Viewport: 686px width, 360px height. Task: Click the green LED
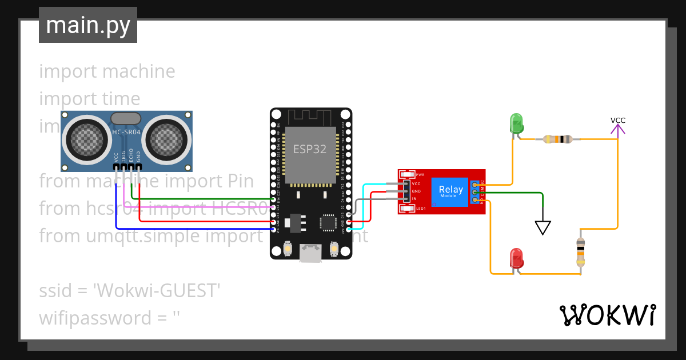click(516, 123)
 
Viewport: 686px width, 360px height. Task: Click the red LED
click(516, 258)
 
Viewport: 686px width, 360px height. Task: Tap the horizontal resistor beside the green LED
click(557, 139)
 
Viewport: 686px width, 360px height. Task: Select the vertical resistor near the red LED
click(581, 252)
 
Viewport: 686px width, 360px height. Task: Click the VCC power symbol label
click(618, 121)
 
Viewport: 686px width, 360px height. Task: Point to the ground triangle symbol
click(543, 227)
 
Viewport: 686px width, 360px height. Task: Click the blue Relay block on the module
click(450, 191)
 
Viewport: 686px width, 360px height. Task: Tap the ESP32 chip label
click(310, 149)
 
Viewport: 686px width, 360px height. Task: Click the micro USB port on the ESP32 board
click(310, 253)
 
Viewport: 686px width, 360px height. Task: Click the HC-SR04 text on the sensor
click(126, 133)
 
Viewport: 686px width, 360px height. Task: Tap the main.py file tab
click(88, 25)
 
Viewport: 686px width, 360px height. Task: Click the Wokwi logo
click(607, 315)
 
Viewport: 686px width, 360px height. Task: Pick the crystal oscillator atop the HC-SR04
click(126, 118)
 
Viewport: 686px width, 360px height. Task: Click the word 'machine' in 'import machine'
click(138, 71)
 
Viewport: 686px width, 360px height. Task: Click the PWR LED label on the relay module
click(420, 174)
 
